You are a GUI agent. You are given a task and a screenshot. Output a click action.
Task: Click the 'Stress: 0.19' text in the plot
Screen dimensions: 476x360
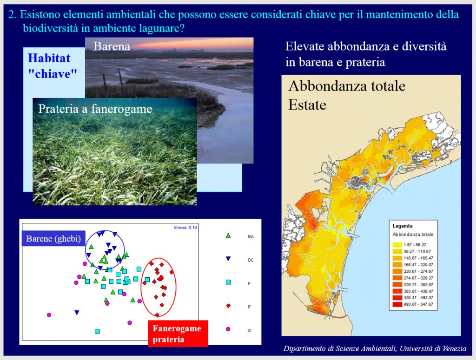pos(185,228)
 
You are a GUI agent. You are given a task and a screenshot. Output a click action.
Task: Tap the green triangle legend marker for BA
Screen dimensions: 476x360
pos(228,236)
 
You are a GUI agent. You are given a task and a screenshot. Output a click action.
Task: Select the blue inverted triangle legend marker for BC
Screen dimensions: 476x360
pos(228,259)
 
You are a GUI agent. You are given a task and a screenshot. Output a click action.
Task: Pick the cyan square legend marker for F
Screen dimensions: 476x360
pos(228,282)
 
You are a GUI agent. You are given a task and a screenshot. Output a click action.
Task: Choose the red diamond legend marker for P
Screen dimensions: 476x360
pos(228,306)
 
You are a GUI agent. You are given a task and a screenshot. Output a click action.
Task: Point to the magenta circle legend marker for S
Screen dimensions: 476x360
pos(228,329)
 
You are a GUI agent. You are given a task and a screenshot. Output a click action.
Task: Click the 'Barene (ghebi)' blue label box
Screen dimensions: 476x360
pos(53,239)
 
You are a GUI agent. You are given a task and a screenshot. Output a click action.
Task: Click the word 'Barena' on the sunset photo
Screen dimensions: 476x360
pos(112,46)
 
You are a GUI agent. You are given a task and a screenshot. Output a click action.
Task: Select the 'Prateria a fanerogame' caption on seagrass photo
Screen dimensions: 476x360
pos(95,109)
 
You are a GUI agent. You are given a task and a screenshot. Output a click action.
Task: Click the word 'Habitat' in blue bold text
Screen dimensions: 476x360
pos(49,58)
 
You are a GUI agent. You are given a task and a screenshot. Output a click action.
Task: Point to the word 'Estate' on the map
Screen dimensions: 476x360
pos(307,105)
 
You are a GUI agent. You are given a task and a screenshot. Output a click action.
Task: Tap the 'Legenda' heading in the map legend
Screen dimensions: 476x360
pos(403,226)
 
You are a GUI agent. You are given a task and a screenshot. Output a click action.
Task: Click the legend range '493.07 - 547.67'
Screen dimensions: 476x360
pos(418,304)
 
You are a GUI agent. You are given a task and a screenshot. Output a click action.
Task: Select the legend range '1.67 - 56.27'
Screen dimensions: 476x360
pos(415,245)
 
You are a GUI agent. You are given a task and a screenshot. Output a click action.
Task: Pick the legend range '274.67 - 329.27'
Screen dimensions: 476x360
pos(418,278)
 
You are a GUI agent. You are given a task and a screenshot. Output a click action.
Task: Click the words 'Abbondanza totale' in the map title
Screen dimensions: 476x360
pos(347,86)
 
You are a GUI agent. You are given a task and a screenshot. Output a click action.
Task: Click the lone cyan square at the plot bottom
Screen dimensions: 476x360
pos(97,331)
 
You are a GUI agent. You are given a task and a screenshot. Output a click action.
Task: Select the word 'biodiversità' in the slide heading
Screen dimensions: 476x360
pos(50,28)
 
